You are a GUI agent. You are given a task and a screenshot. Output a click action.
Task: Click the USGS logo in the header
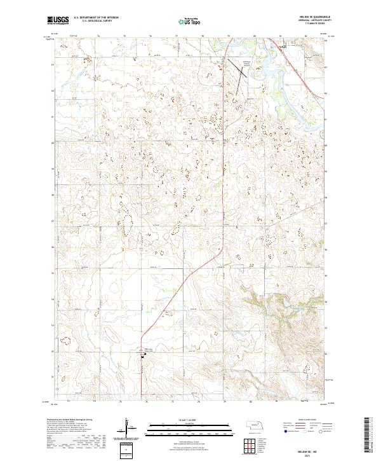coord(58,20)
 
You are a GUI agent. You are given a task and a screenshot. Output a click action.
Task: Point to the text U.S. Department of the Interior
coord(95,18)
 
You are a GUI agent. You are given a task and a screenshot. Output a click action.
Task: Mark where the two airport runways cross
coord(242,76)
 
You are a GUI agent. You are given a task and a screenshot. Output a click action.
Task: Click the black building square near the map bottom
coord(142,357)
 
